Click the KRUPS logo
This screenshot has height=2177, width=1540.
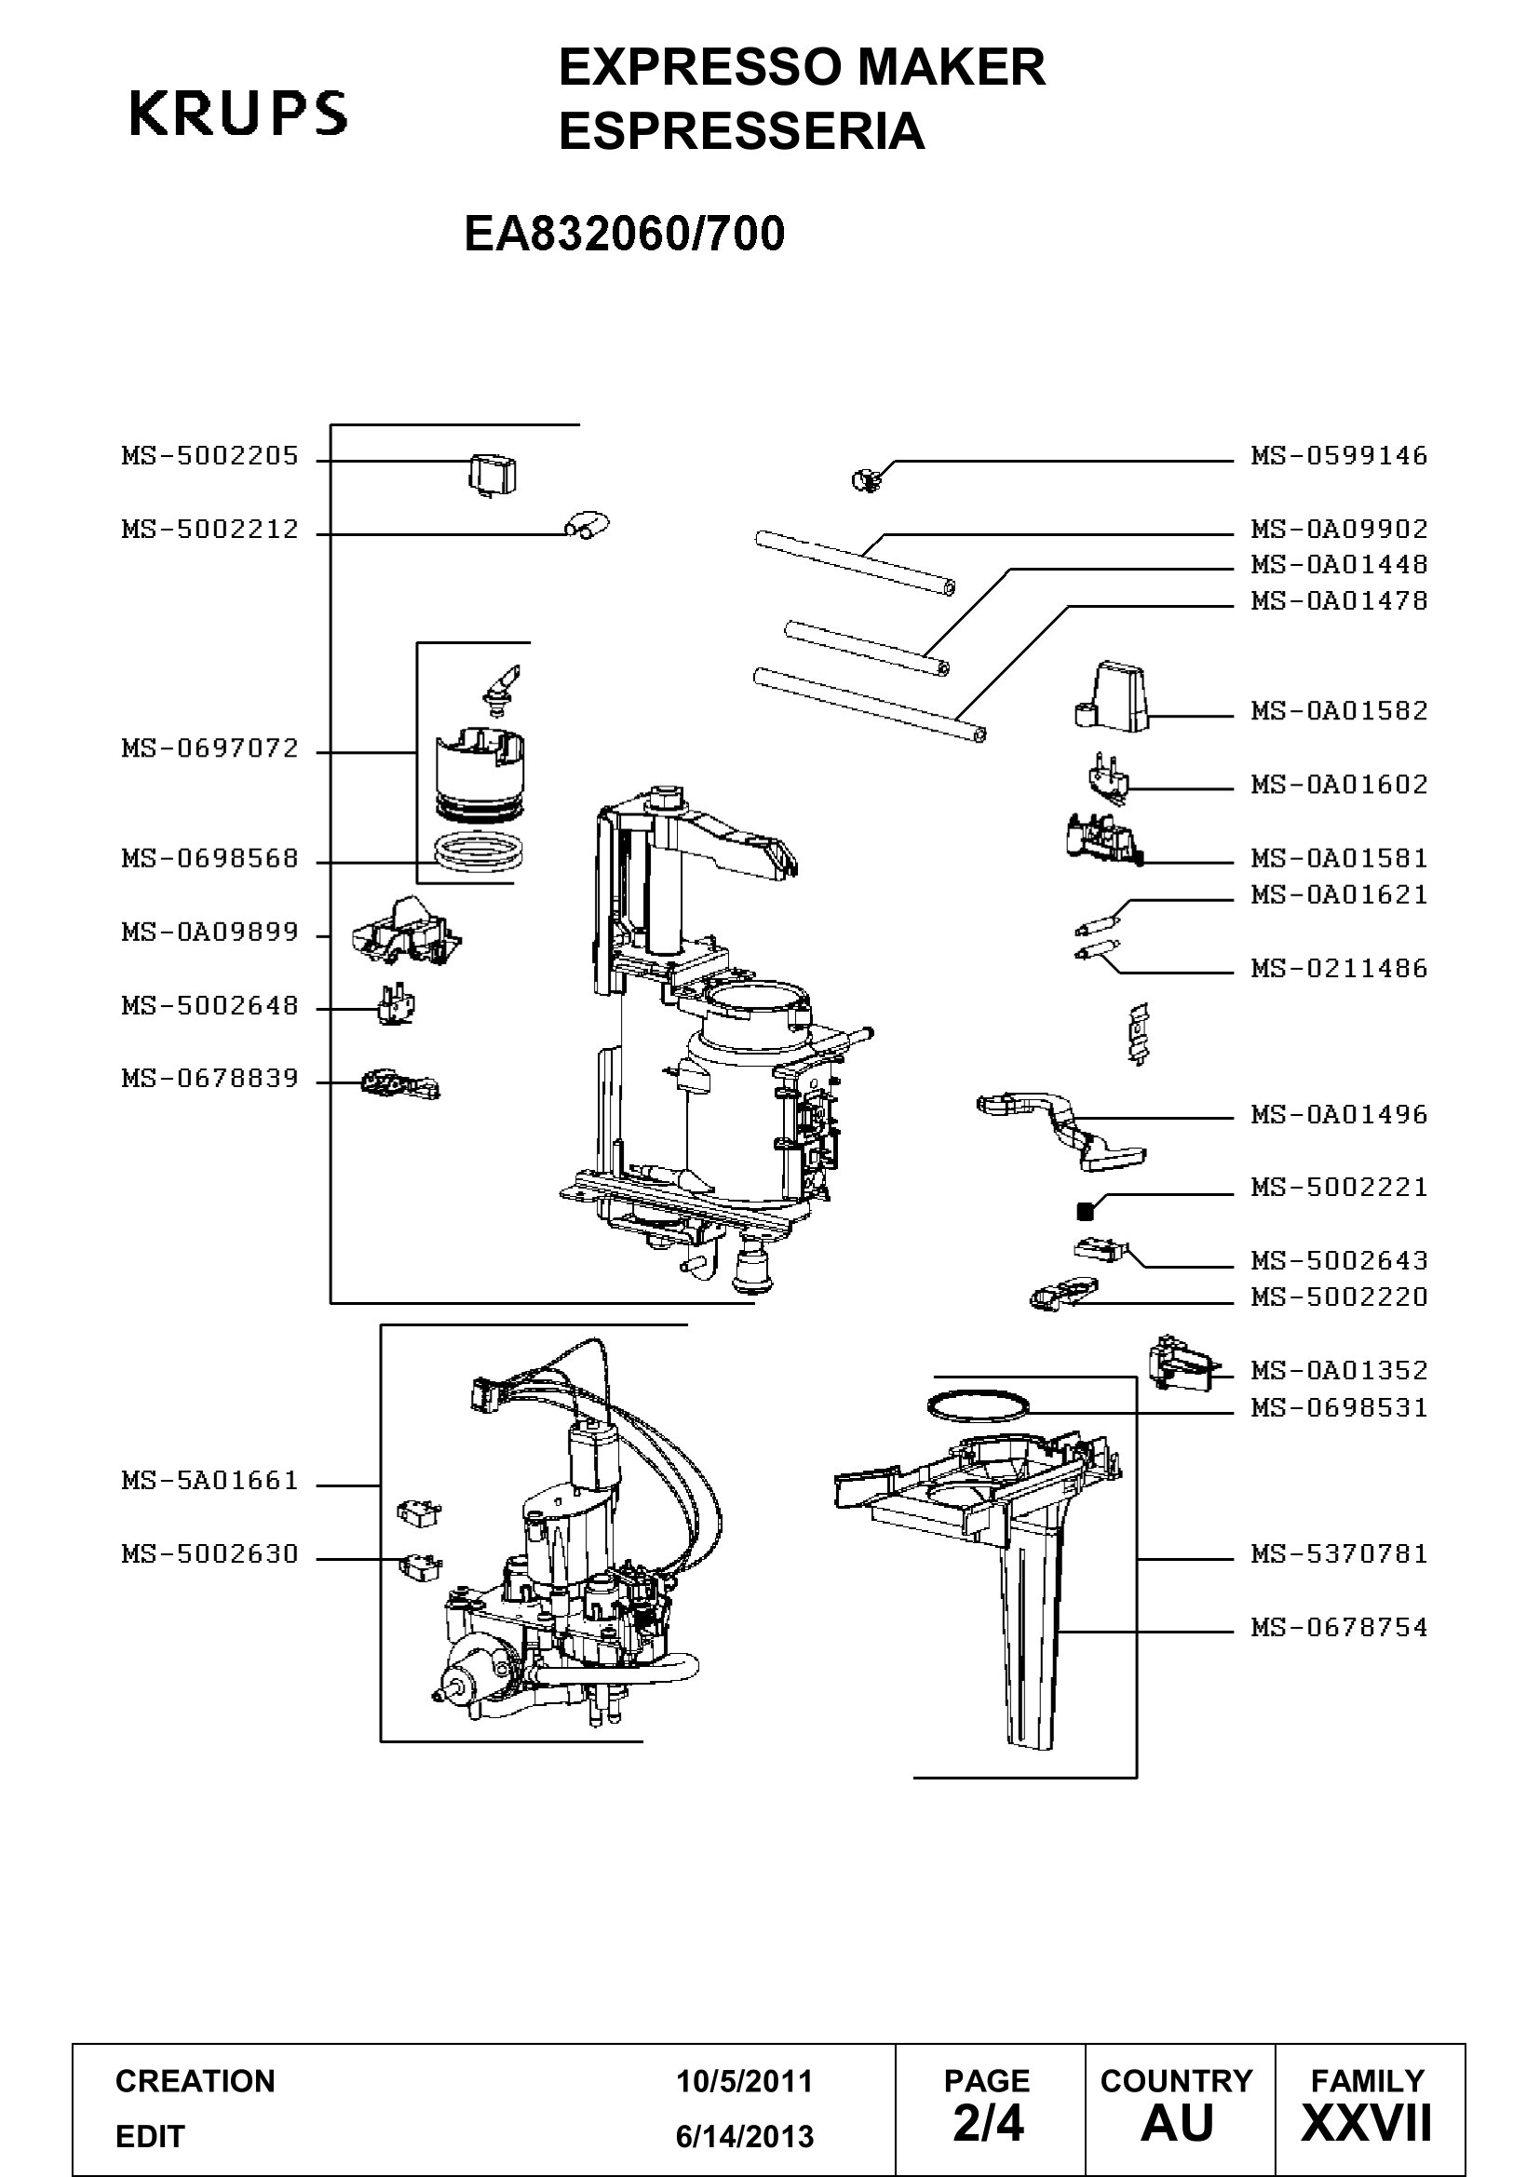point(238,113)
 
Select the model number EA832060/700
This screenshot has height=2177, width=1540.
point(624,234)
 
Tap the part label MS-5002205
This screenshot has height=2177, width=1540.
point(209,456)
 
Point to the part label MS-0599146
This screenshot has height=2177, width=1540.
point(1339,456)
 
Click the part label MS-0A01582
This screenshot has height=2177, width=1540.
point(1339,711)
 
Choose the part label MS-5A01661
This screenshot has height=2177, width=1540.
point(209,1480)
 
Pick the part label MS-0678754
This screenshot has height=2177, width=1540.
point(1339,1627)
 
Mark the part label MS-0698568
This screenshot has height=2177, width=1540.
point(209,859)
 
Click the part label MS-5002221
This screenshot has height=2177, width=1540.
point(1339,1187)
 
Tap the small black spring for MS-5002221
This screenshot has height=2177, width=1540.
point(1086,1211)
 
